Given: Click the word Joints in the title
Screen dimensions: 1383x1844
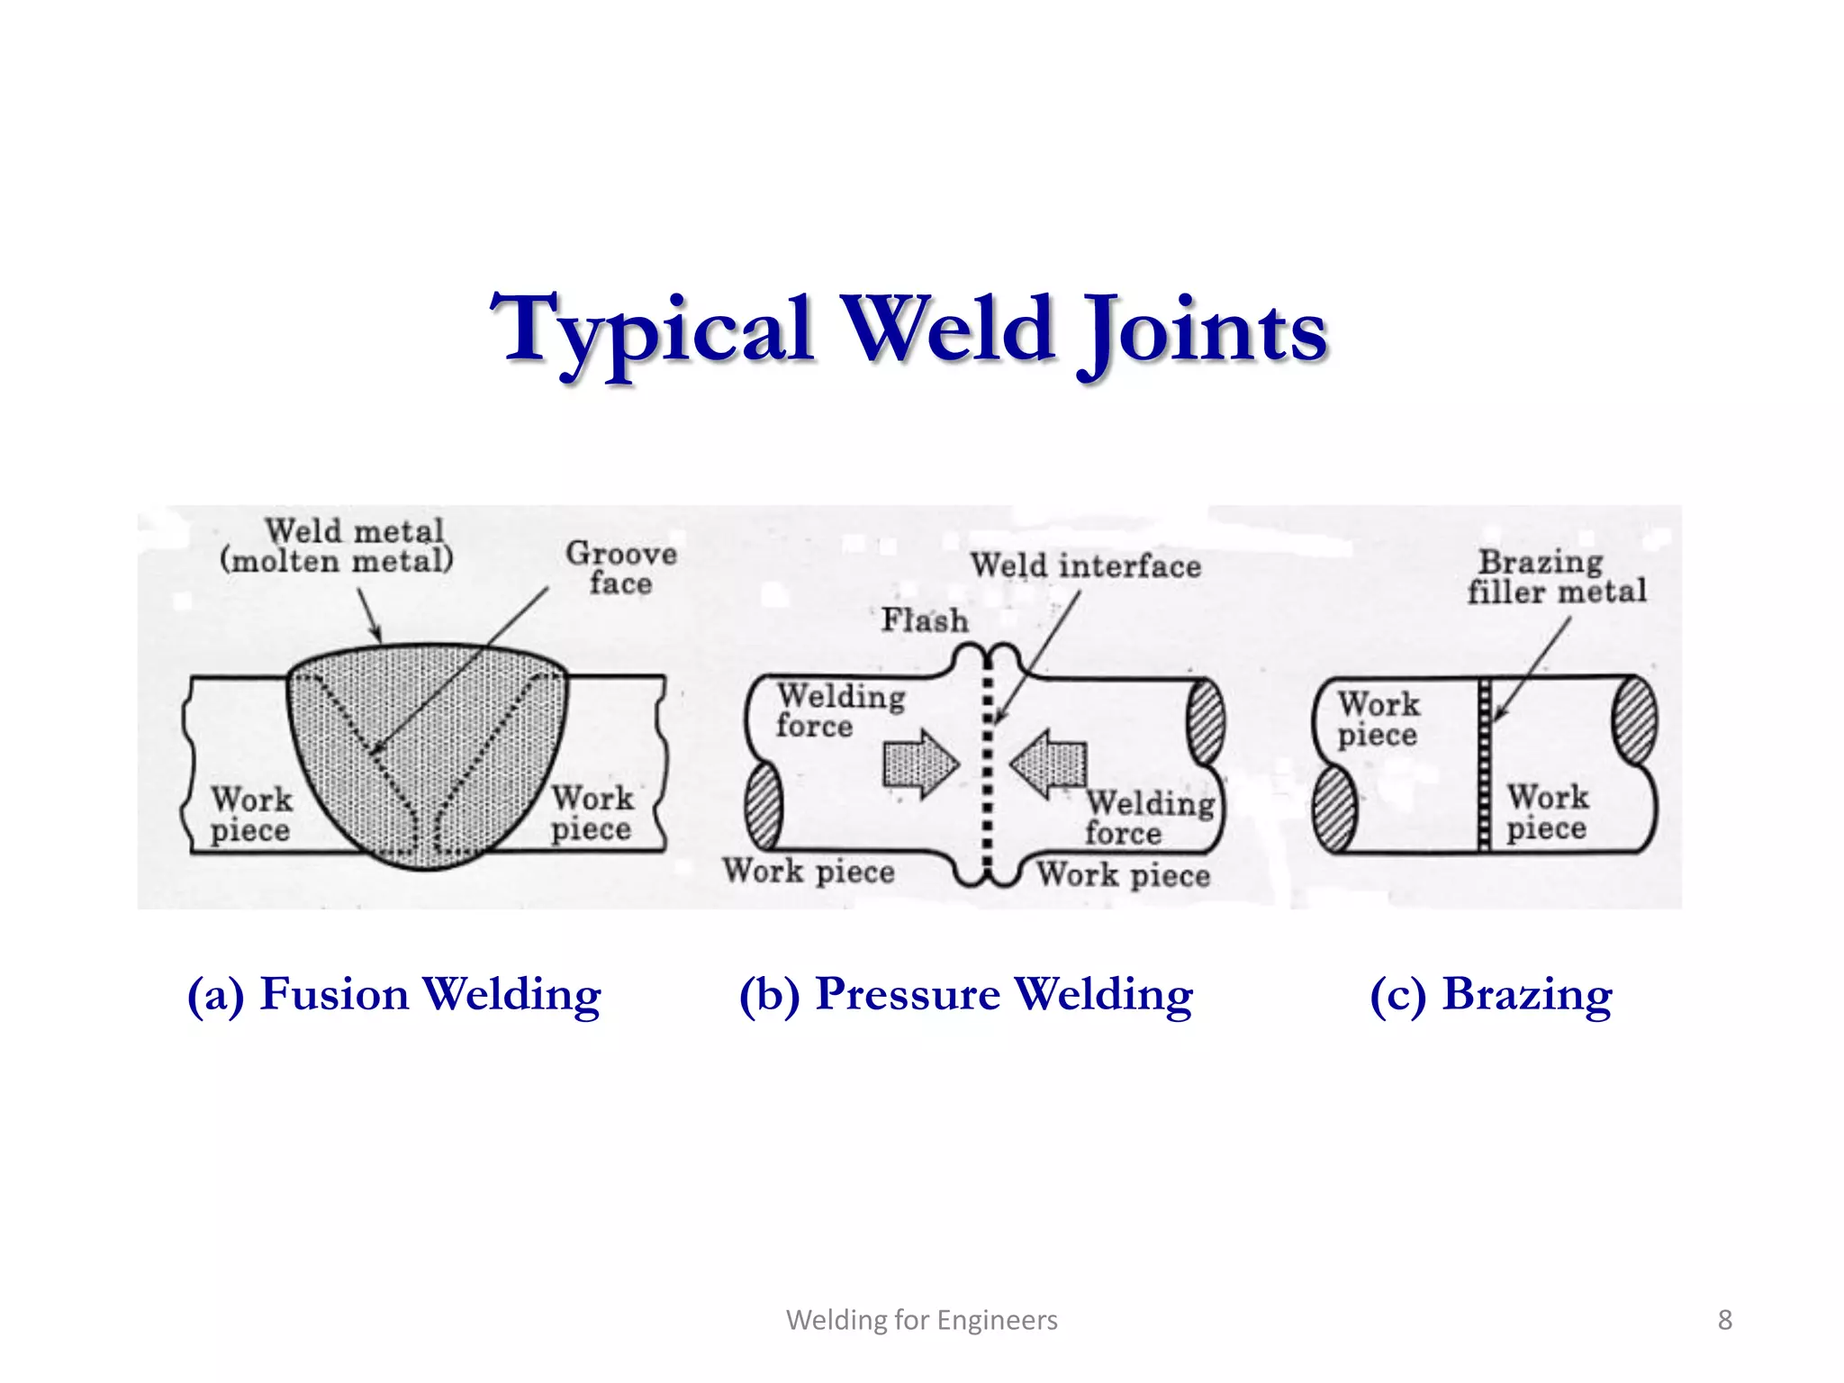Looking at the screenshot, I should click(1204, 330).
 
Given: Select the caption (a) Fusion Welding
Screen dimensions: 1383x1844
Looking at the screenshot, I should click(393, 995).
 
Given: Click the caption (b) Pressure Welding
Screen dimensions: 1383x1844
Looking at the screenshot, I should click(965, 995).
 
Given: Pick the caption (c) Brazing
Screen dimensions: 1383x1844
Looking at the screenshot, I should click(1490, 995).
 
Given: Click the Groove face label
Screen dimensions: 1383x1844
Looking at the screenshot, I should click(621, 567).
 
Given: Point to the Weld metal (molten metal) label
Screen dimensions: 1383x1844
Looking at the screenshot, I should click(338, 546).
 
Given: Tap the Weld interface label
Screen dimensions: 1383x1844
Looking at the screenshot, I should click(1085, 566).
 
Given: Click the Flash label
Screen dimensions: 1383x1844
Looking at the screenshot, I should click(924, 620).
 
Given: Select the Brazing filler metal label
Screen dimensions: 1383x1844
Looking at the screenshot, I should click(1556, 576).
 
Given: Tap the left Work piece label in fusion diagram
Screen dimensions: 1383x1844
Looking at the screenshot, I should click(251, 814).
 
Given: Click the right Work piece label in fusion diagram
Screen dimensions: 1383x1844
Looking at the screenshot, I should click(592, 812).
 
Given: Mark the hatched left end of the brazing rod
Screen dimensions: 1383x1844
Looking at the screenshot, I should click(1334, 808).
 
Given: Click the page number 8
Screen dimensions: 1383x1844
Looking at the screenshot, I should click(1724, 1320).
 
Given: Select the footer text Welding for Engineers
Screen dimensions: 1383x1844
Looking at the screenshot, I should click(921, 1320).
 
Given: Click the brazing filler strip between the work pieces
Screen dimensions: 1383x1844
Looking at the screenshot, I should click(1485, 765).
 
